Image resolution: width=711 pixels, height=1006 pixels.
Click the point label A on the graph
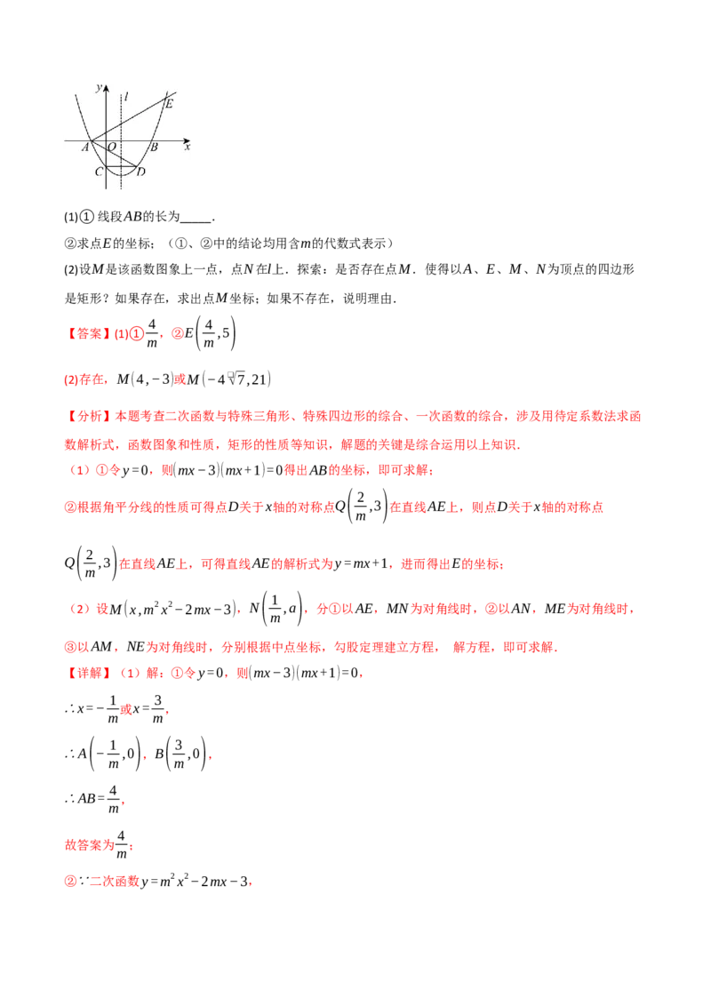click(x=86, y=148)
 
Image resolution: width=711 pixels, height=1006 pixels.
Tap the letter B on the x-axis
click(x=153, y=148)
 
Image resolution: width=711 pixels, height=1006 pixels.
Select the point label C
click(x=99, y=172)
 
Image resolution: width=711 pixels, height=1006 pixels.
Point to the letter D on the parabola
click(x=140, y=172)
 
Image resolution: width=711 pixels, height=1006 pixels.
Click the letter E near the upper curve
click(x=169, y=104)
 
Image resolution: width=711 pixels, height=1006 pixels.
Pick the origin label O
click(x=112, y=148)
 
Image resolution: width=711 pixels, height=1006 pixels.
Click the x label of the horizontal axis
click(x=187, y=148)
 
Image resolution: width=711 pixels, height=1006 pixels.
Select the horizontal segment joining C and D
click(x=120, y=165)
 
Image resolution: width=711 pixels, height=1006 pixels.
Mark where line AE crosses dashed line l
click(x=121, y=123)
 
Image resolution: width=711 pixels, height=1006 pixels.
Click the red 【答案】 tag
click(x=86, y=334)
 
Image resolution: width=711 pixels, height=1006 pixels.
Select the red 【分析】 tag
click(x=86, y=415)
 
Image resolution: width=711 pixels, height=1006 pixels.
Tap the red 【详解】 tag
click(x=86, y=674)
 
